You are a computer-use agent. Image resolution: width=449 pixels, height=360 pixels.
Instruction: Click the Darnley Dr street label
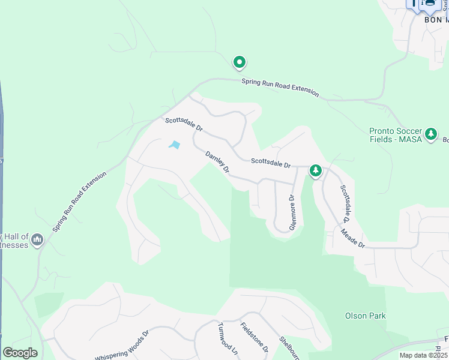tap(218, 163)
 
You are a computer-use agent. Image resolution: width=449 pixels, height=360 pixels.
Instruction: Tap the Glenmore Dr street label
tap(293, 212)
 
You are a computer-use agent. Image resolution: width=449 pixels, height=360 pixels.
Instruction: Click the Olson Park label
tap(365, 316)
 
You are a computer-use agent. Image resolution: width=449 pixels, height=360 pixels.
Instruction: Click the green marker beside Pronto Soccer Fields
tap(430, 134)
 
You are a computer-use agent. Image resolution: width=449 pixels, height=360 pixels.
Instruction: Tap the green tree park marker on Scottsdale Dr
tap(316, 171)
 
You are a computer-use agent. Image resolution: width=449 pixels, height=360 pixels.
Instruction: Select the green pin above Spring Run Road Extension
tap(239, 62)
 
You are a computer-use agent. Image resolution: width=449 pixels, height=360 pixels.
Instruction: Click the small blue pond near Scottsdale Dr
tap(175, 145)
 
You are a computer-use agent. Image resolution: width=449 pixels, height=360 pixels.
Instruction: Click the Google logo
tap(19, 353)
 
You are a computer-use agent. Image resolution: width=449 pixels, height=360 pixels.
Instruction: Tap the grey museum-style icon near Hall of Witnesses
tap(37, 240)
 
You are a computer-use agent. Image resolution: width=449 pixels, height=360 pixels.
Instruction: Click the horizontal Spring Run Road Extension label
tap(280, 87)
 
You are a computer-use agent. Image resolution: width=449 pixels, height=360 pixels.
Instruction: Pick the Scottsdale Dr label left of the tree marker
tap(271, 162)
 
